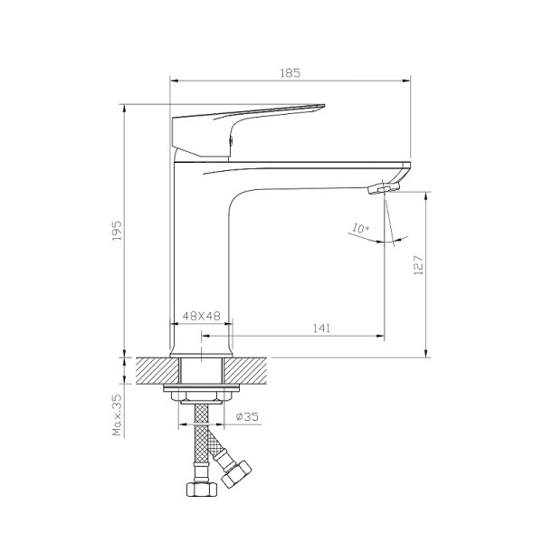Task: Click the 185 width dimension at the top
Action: (x=291, y=71)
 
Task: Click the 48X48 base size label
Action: (x=203, y=316)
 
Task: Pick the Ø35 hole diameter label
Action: (x=246, y=416)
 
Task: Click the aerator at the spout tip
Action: (x=384, y=188)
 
